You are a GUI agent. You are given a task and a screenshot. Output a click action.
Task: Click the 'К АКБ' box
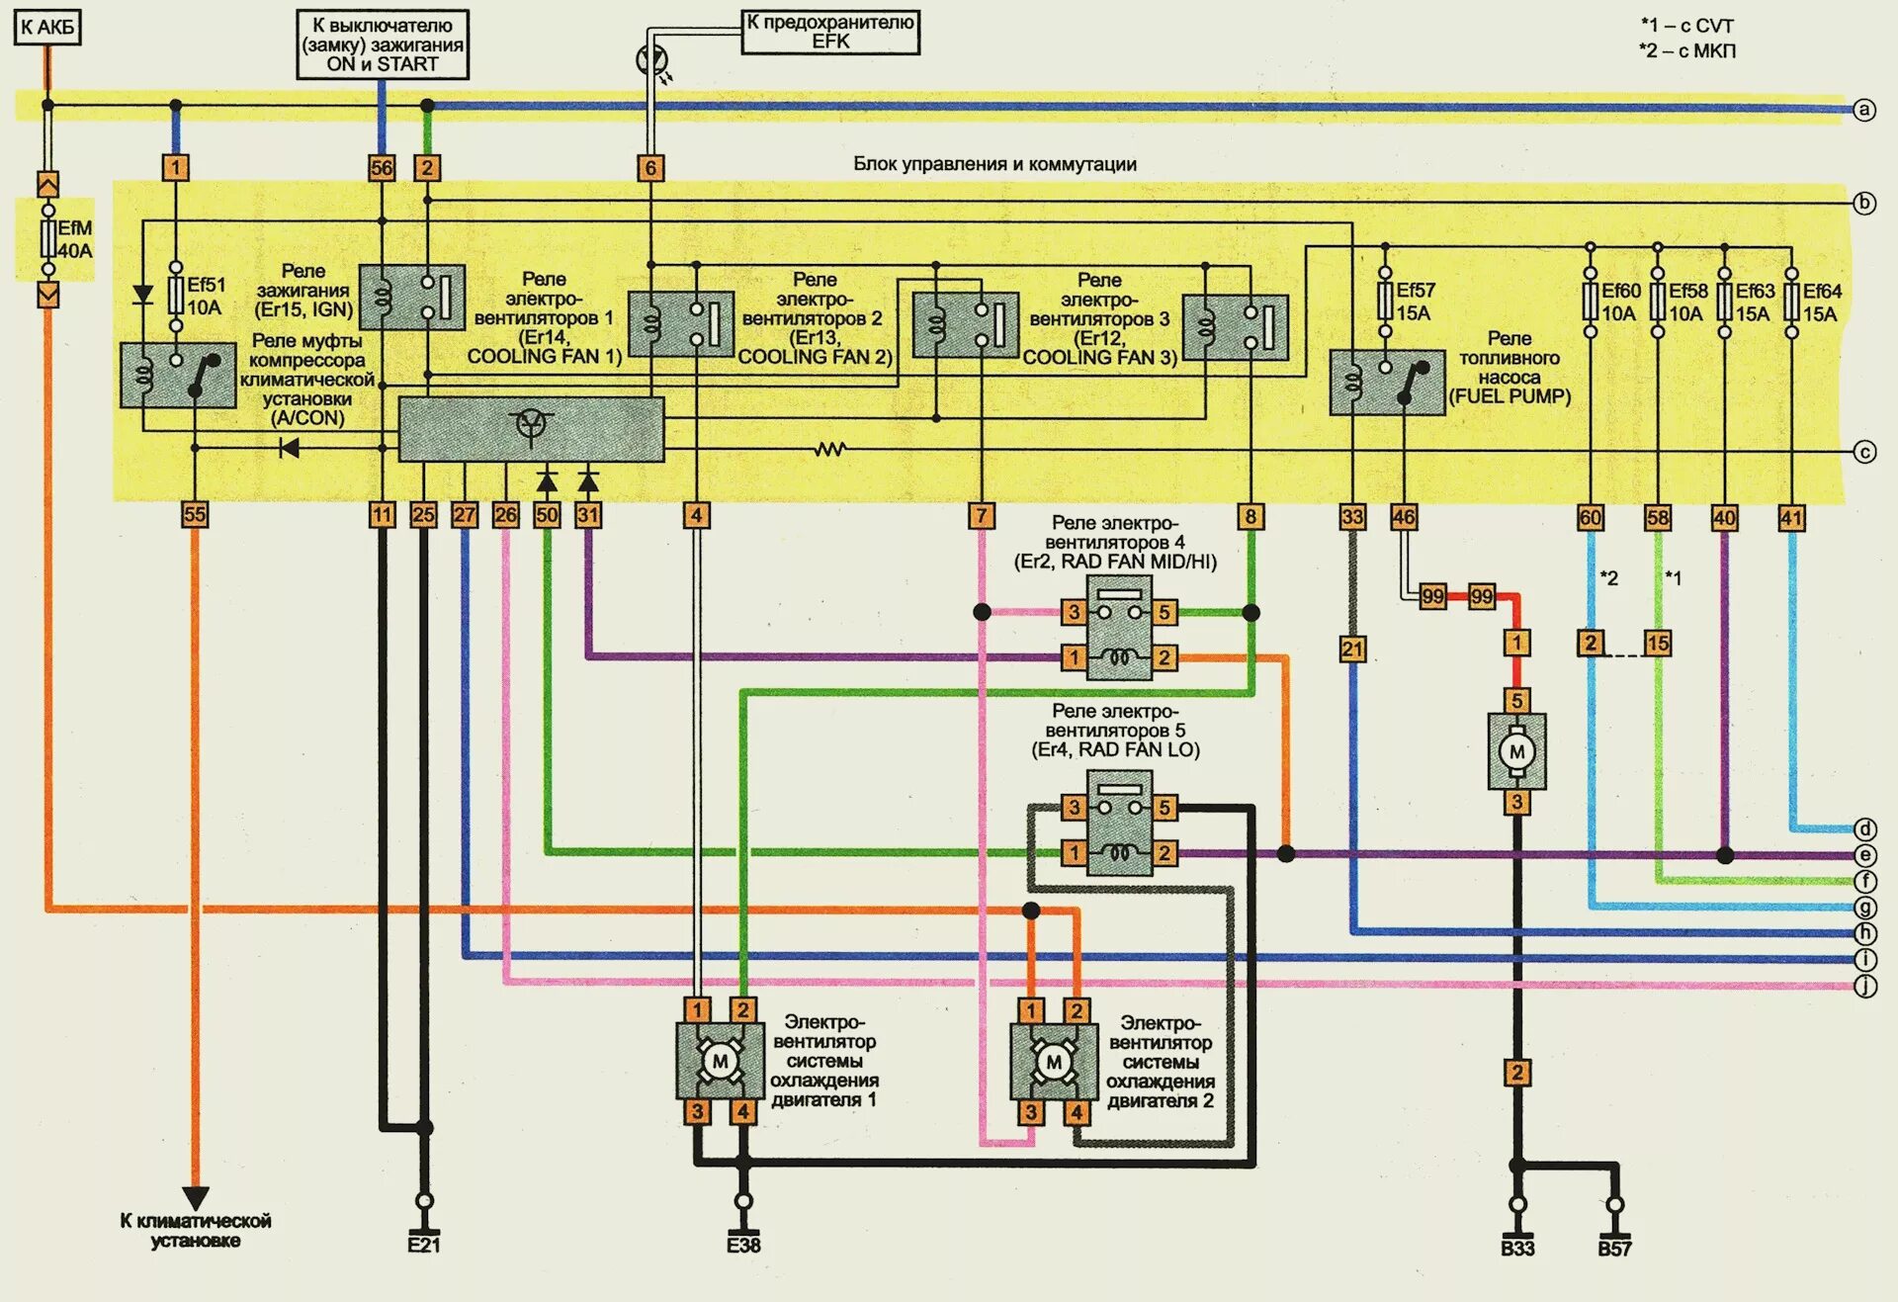[46, 28]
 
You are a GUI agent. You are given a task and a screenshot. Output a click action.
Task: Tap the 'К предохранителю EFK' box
[830, 32]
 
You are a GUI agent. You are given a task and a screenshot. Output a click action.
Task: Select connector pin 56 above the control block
[382, 168]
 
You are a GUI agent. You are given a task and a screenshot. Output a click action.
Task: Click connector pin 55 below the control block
[195, 514]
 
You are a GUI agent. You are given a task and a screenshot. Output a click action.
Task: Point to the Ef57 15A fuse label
[1415, 302]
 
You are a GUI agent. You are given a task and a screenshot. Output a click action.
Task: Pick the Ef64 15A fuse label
[1821, 303]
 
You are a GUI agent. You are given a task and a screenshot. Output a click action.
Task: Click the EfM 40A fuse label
[74, 239]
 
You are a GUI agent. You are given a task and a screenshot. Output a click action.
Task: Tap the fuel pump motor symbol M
[1516, 751]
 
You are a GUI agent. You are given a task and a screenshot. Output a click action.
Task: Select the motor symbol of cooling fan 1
[720, 1062]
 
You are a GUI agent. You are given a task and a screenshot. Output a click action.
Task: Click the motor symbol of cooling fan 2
[1054, 1063]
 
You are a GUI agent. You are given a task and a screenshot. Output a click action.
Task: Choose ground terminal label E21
[423, 1245]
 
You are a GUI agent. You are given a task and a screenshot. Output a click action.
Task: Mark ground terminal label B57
[1614, 1249]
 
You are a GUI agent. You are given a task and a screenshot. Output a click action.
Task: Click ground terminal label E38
[743, 1245]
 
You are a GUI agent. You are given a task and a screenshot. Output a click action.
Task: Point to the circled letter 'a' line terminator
[1864, 110]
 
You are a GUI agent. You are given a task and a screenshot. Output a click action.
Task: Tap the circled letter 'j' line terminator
[1864, 986]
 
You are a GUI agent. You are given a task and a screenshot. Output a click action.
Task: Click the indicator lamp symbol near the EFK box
[651, 59]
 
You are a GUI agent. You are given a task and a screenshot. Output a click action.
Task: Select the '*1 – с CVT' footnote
[1687, 26]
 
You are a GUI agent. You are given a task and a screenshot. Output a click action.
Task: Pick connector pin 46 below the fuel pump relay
[1404, 517]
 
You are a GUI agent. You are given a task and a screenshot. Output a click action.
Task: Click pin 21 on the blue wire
[1352, 650]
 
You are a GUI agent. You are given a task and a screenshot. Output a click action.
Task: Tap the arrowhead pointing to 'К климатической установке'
[195, 1197]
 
